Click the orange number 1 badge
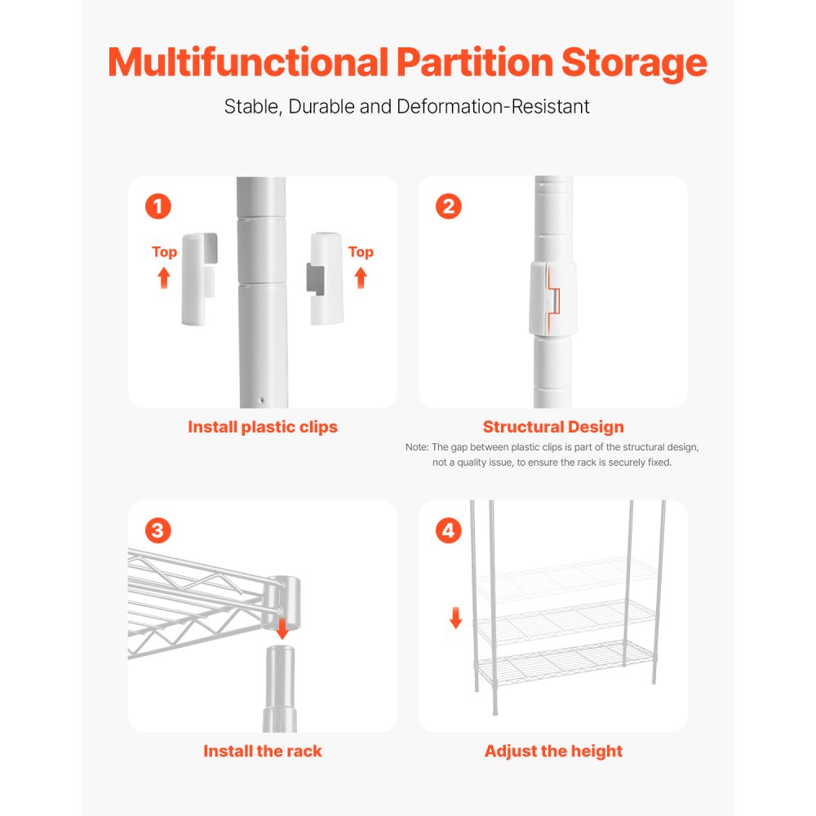click(157, 206)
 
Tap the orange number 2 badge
click(448, 206)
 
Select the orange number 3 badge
click(157, 530)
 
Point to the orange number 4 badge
click(448, 530)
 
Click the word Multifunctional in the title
click(246, 63)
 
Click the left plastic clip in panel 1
click(198, 277)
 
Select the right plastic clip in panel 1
click(326, 277)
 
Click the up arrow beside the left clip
click(164, 277)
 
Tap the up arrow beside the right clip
click(361, 277)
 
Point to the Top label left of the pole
click(164, 252)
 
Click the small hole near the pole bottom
click(262, 401)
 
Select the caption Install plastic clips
click(263, 427)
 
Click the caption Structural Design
click(553, 427)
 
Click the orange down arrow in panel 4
click(455, 619)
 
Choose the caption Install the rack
click(263, 751)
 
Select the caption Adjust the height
click(553, 751)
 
